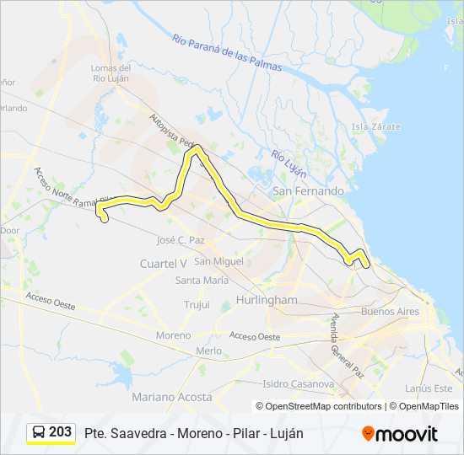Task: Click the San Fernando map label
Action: [x=307, y=191]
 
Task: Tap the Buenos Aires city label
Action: [x=390, y=312]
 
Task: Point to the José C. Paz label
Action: [x=181, y=240]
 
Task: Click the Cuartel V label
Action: [x=163, y=264]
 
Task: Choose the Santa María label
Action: [x=202, y=281]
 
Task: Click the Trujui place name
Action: [x=197, y=304]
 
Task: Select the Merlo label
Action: [x=208, y=351]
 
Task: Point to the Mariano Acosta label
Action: [x=172, y=396]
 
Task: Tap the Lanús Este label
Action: [x=429, y=388]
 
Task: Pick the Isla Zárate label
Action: [x=376, y=126]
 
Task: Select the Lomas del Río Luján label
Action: [x=115, y=73]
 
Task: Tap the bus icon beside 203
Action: [x=39, y=432]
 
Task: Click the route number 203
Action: [x=60, y=432]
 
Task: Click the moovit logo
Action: [x=400, y=433]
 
